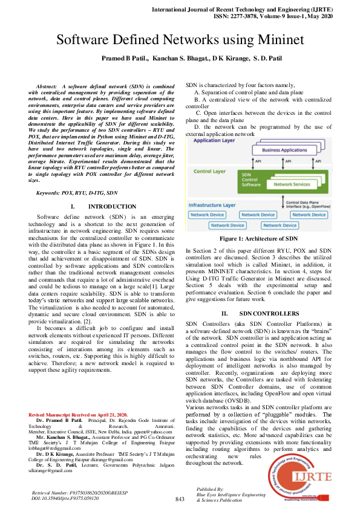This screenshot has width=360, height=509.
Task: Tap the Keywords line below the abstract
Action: (77, 192)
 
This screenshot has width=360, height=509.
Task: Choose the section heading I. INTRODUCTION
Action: (100, 207)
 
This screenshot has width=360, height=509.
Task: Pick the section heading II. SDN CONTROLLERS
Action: (260, 313)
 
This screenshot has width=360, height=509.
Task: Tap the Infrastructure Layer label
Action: (212, 205)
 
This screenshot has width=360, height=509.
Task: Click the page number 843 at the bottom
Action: (179, 499)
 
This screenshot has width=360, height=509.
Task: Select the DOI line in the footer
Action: (65, 499)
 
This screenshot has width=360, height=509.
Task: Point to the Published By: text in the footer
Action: (211, 488)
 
